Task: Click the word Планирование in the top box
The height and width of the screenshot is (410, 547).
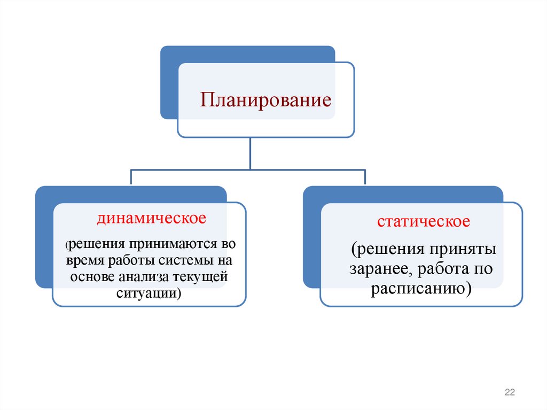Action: (x=266, y=100)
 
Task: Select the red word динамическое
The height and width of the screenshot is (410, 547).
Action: (x=151, y=218)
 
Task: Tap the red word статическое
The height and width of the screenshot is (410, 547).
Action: (x=423, y=222)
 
